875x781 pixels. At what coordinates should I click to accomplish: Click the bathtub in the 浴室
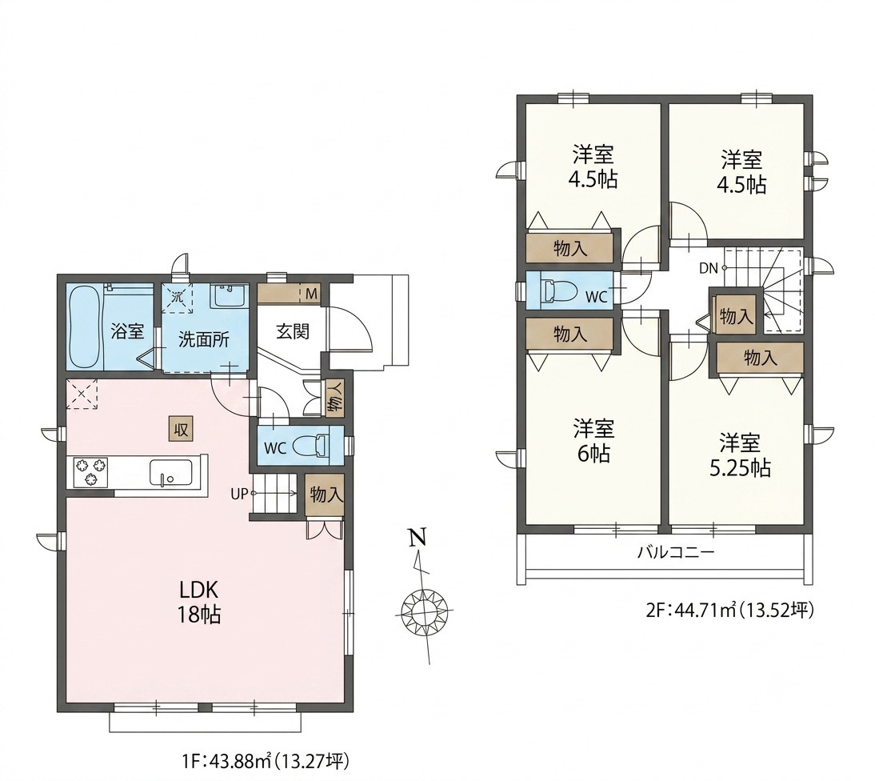click(x=85, y=327)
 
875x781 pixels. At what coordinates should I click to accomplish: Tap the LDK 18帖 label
click(x=198, y=602)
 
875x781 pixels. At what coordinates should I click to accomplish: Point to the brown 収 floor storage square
click(x=181, y=430)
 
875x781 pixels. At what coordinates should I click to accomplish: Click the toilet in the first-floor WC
click(x=313, y=446)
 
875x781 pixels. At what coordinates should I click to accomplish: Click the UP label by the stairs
click(x=239, y=494)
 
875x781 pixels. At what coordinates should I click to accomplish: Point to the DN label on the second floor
click(x=708, y=268)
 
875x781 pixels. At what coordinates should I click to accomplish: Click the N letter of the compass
click(x=418, y=537)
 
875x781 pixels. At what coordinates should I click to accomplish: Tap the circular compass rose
click(x=426, y=611)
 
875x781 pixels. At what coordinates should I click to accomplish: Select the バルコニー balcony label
click(x=677, y=553)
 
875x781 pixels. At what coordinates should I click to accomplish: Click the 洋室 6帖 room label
click(x=593, y=441)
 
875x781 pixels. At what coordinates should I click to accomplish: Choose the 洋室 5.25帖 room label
click(x=740, y=455)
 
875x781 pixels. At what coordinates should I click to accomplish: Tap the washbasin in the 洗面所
click(x=228, y=295)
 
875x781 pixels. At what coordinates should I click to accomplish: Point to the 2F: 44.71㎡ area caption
click(x=730, y=611)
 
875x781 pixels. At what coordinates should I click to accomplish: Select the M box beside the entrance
click(x=311, y=294)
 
